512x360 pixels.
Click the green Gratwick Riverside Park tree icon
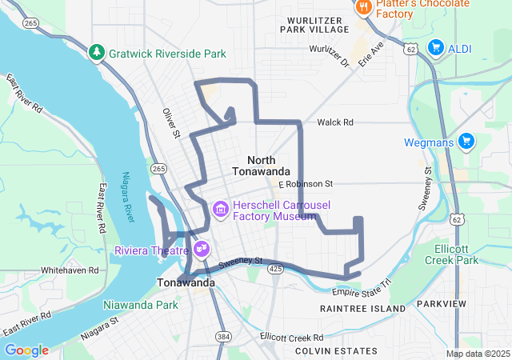pos(97,53)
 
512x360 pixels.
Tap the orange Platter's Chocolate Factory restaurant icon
pos(362,8)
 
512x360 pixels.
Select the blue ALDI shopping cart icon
pos(436,48)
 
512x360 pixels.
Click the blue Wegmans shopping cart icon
pos(466,142)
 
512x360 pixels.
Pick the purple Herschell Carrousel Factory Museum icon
pos(221,210)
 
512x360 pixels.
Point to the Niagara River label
pos(129,198)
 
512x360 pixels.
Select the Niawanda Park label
pos(140,305)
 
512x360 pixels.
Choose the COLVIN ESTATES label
pos(335,351)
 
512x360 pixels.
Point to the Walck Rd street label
pos(334,122)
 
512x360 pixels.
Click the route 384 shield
pos(222,338)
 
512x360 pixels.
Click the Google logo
pos(26,350)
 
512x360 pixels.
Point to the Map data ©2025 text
pos(478,354)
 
